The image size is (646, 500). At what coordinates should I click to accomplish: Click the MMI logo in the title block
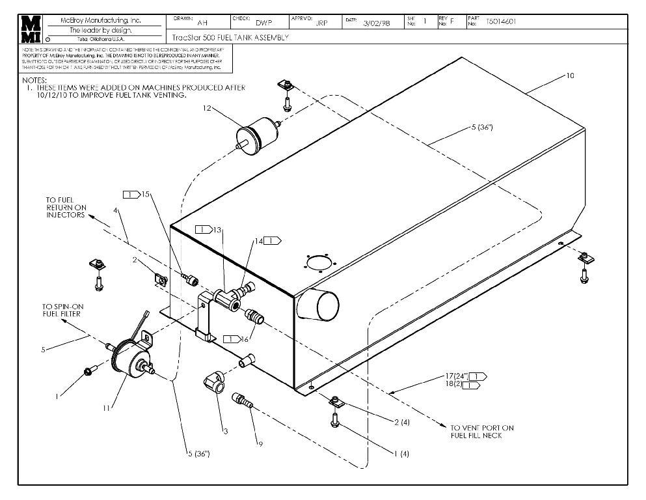[x=30, y=29]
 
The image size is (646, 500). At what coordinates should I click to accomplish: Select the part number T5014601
[x=501, y=21]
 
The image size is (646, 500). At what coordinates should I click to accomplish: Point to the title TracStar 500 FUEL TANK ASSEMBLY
[x=230, y=38]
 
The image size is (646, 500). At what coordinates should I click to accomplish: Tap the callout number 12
[x=207, y=109]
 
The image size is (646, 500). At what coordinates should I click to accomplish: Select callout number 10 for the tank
[x=570, y=76]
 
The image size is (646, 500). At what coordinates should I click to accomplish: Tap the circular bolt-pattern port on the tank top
[x=318, y=263]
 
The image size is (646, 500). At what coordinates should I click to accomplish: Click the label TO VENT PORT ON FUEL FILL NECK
[x=481, y=432]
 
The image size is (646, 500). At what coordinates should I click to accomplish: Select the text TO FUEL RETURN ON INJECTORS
[x=65, y=208]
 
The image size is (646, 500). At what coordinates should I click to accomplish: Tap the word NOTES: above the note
[x=33, y=80]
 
